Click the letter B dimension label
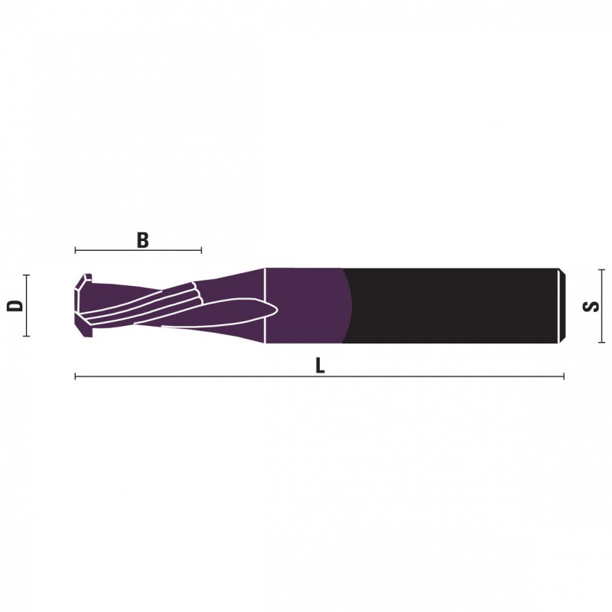click(143, 240)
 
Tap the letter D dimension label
click(15, 305)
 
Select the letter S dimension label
click(591, 306)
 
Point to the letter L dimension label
click(320, 366)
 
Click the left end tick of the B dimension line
click(75, 250)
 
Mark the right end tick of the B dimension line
click(201, 250)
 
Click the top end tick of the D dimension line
click(26, 275)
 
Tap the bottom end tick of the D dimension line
click(26, 335)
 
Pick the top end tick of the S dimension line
click(601, 270)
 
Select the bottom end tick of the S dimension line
click(601, 343)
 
